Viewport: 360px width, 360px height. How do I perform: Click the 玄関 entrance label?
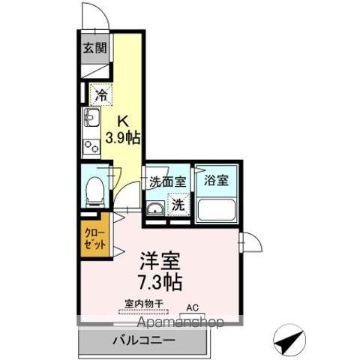94,49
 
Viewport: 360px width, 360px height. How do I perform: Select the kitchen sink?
92,118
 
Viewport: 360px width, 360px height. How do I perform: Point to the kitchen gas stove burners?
92,145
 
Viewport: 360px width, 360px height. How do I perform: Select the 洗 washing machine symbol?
178,204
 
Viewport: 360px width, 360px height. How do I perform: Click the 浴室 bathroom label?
217,181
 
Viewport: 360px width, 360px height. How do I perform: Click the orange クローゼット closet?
96,238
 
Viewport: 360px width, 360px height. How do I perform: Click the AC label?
192,306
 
